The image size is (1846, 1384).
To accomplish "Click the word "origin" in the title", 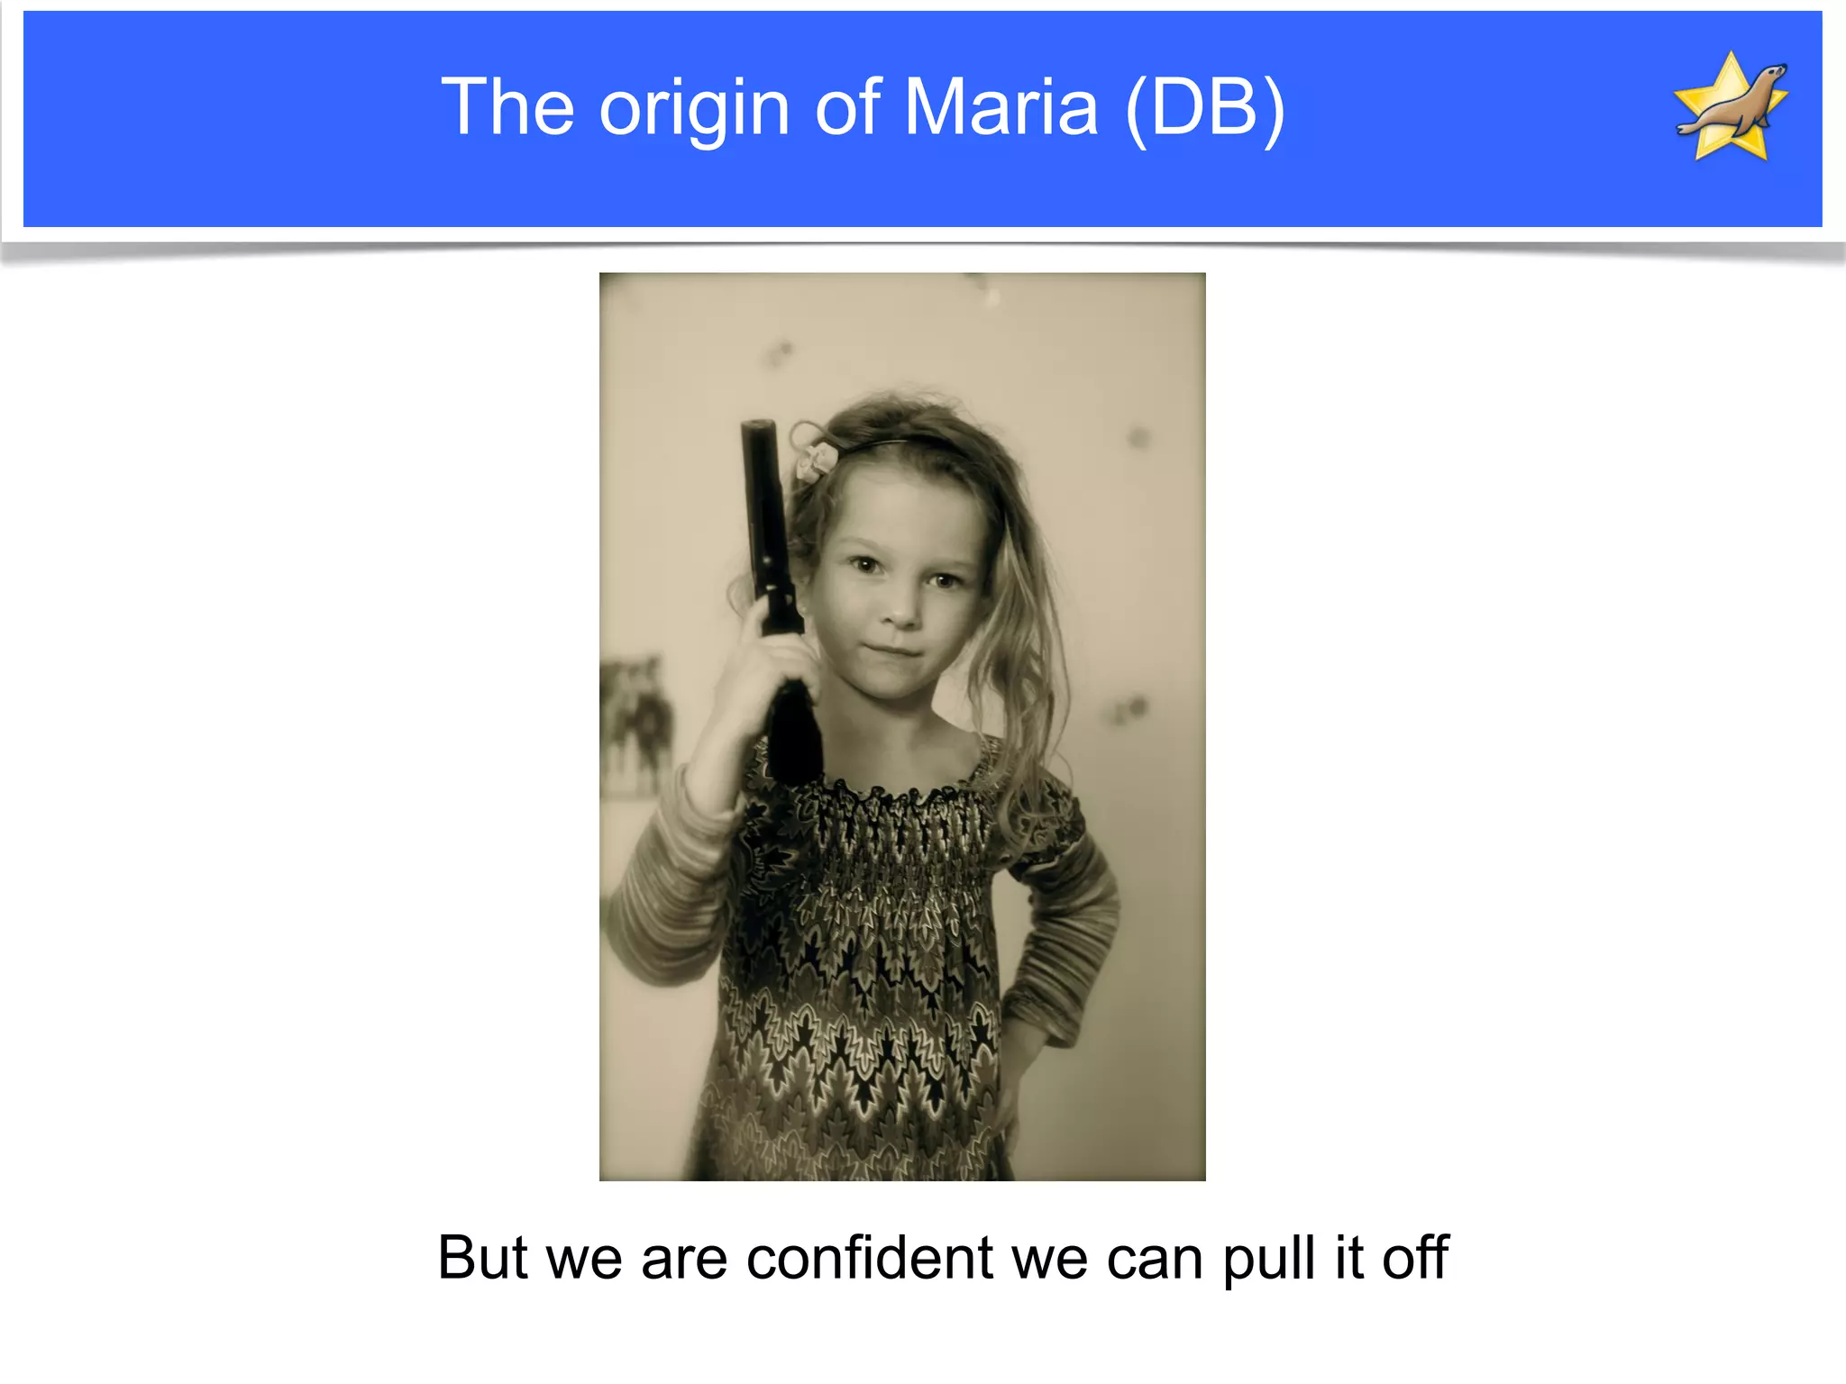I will [695, 110].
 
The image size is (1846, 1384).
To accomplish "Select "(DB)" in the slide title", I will [1205, 108].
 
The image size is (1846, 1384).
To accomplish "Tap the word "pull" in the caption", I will [1269, 1259].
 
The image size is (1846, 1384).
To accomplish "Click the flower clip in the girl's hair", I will [816, 460].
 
